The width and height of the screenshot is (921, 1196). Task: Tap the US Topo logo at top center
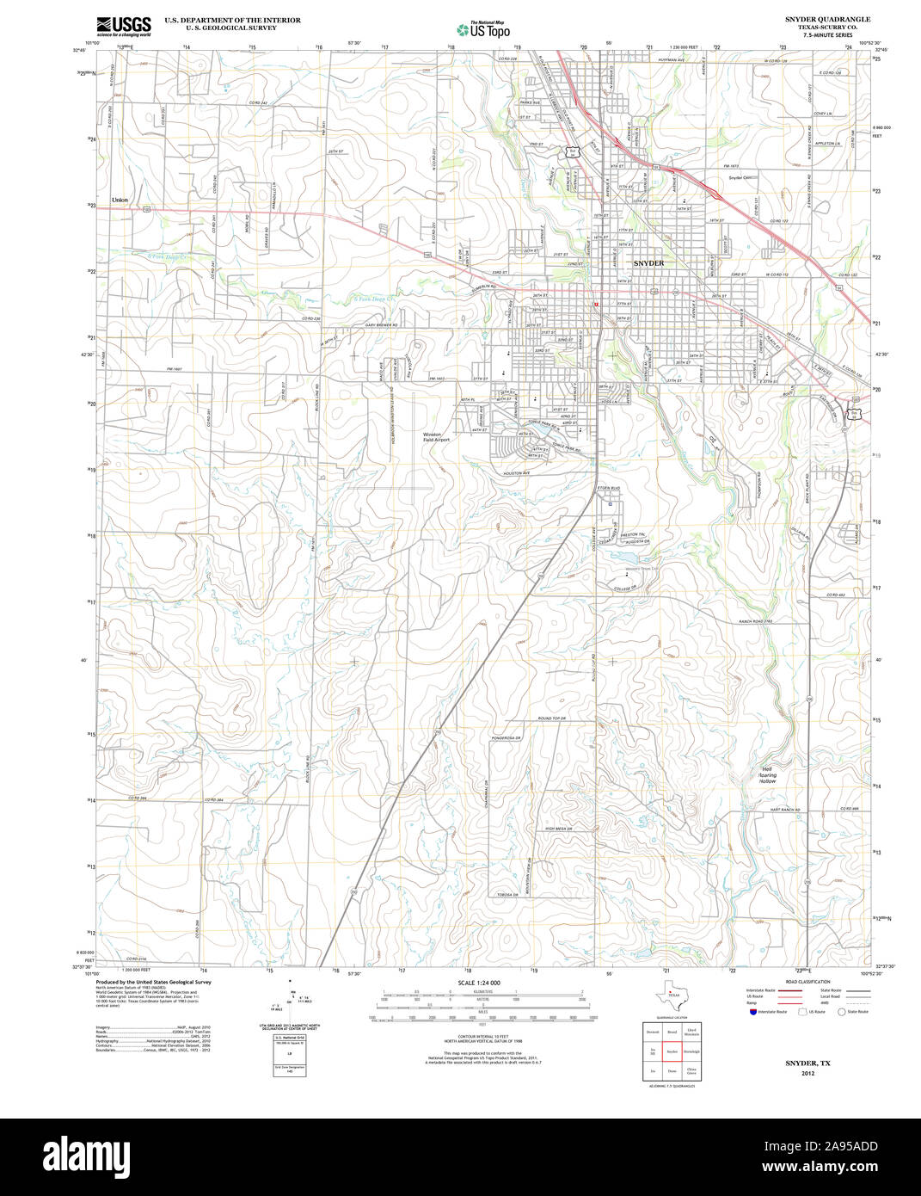click(483, 29)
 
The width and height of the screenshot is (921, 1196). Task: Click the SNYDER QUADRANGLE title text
click(826, 19)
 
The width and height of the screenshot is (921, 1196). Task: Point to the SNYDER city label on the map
click(649, 262)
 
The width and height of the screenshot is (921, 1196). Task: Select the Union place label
click(120, 200)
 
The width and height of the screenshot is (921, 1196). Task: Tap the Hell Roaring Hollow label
click(767, 774)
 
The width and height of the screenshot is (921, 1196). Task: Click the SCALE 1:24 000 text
click(479, 983)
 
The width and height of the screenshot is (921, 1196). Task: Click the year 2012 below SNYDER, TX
click(807, 1073)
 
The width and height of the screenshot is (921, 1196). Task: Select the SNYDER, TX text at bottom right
click(807, 1063)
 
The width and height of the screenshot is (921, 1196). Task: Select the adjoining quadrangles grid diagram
click(672, 1051)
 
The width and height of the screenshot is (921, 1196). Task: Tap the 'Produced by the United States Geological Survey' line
click(153, 982)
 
